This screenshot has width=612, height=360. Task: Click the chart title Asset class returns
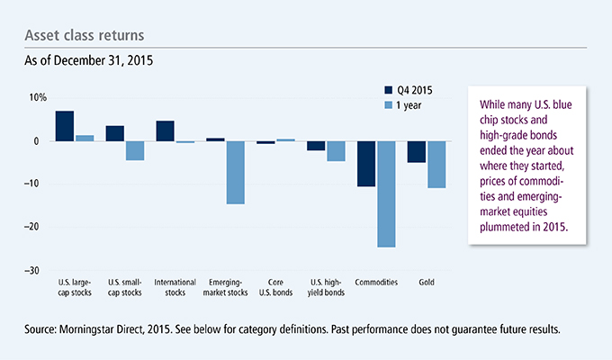(82, 35)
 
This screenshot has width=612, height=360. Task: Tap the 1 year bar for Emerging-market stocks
(235, 172)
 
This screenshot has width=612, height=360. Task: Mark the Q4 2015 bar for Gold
(417, 151)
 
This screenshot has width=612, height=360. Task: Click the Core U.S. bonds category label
(275, 286)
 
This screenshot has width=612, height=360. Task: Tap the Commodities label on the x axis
(376, 283)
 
